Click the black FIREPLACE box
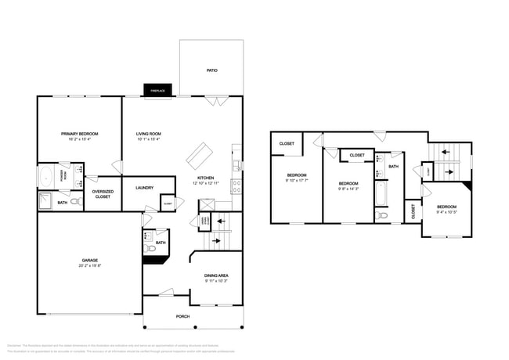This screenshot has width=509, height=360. (157, 91)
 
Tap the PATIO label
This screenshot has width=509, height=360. (211, 70)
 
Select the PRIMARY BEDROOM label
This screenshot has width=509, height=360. (79, 134)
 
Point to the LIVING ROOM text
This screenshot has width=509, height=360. (148, 134)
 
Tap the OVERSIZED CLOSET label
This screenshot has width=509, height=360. (103, 193)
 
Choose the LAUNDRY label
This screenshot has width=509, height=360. (144, 187)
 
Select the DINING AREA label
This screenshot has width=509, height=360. (216, 275)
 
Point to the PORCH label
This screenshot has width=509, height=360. (183, 315)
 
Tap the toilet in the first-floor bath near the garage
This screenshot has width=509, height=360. (150, 249)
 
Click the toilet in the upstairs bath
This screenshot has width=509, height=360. (381, 214)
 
